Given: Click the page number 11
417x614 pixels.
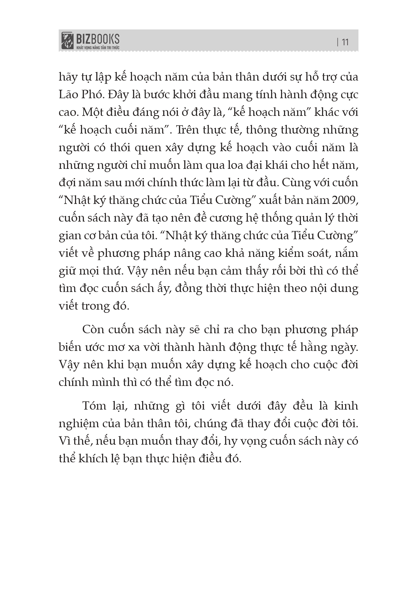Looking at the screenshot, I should (345, 42).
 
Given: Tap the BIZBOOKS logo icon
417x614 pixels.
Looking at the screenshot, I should (67, 41).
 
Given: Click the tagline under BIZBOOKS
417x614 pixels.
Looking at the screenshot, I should (98, 48).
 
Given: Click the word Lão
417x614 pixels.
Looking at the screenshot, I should (68, 94).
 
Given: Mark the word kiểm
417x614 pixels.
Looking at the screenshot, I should (289, 253).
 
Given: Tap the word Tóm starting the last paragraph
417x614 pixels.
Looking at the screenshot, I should (94, 406).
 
